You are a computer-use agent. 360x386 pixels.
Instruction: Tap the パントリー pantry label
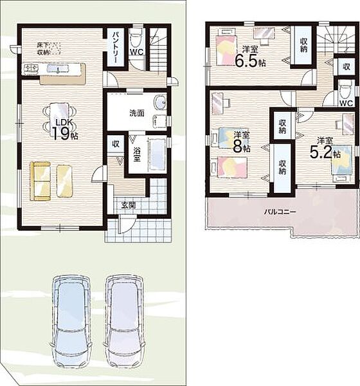coord(116,48)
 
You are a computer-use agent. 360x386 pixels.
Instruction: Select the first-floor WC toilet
coord(136,39)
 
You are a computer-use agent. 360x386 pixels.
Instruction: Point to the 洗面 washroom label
coord(137,113)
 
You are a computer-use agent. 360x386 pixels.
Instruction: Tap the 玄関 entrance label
coord(128,205)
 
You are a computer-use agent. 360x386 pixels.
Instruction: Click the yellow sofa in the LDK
coord(40,181)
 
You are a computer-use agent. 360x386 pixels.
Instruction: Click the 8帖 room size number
coord(242,146)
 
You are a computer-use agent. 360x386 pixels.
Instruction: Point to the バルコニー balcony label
coord(280,212)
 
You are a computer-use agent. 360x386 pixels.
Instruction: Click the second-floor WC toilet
coord(343,91)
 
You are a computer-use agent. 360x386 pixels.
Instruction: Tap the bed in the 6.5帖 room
coord(226,50)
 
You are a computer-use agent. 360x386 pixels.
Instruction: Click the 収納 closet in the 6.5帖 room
coord(303,45)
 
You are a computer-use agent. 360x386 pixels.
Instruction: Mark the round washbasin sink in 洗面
coord(160,102)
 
